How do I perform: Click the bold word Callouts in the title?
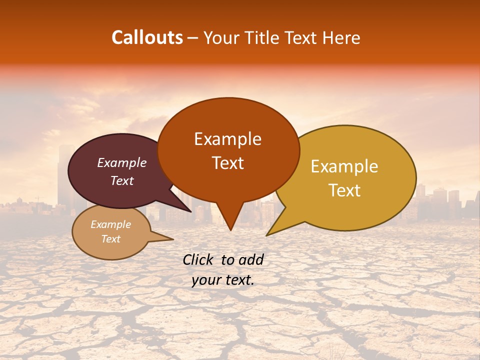click(x=147, y=37)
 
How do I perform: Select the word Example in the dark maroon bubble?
click(x=122, y=162)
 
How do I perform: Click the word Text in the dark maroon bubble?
click(x=122, y=180)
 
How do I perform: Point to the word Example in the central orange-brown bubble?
click(x=227, y=139)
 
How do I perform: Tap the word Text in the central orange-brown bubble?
click(x=228, y=163)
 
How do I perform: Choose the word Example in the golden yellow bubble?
click(x=344, y=166)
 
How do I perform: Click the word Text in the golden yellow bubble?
click(x=345, y=190)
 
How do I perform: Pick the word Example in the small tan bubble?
click(x=111, y=224)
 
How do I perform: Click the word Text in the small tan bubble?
click(x=111, y=239)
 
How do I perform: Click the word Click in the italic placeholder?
click(x=198, y=259)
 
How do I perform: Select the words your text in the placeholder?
click(x=223, y=280)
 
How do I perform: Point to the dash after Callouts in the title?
click(x=193, y=38)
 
